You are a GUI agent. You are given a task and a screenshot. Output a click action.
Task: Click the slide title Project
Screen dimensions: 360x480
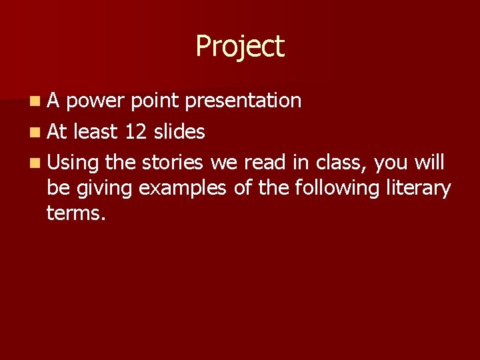[x=240, y=47]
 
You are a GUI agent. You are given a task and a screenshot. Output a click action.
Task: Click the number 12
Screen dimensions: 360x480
[x=136, y=132]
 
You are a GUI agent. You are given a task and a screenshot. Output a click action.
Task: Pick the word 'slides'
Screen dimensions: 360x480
[x=179, y=132]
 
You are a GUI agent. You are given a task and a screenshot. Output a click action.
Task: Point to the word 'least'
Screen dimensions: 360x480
[x=95, y=132]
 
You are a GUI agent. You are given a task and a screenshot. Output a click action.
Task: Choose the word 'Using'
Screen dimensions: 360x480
[x=73, y=163]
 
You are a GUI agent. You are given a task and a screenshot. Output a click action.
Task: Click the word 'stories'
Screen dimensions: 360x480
[x=173, y=162]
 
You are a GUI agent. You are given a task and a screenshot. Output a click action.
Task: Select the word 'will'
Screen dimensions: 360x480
[x=431, y=162]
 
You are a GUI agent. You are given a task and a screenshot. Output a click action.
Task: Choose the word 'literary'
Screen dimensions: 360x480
[x=419, y=189]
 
